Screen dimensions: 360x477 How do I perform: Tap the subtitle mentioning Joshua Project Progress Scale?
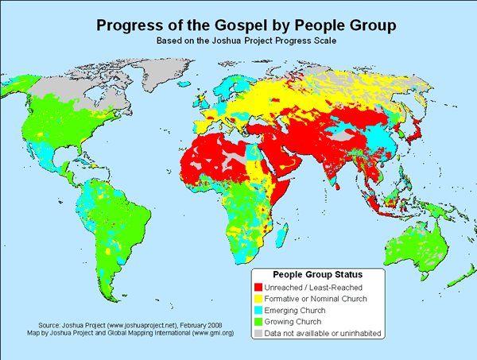[238, 41]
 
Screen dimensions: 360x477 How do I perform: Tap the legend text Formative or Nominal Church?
[327, 298]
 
